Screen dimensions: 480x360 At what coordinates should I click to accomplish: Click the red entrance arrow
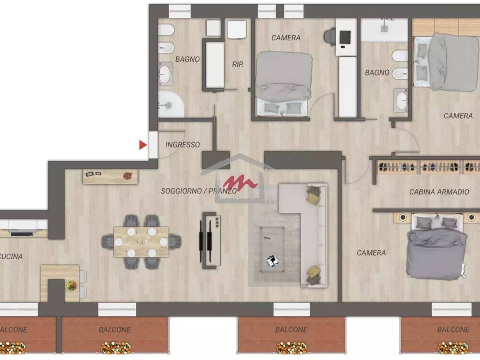tap(142, 145)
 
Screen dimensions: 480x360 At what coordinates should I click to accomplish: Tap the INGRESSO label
tap(182, 144)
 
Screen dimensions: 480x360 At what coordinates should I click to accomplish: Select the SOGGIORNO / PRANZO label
tap(199, 191)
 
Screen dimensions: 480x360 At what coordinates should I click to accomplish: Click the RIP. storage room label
tap(238, 64)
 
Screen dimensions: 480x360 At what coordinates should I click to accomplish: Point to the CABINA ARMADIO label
tap(439, 192)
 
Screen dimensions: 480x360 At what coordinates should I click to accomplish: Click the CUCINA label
tap(11, 256)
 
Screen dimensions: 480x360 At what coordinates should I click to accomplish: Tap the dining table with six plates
tap(141, 242)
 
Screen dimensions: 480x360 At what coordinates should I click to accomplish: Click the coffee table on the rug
tap(272, 249)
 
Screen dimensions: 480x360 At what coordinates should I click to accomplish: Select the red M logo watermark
tap(240, 183)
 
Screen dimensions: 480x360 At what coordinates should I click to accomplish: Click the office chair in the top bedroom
tap(330, 36)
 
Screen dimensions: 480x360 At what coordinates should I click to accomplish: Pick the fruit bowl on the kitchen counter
tap(72, 285)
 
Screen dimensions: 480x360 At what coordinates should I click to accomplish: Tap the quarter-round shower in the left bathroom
tap(171, 104)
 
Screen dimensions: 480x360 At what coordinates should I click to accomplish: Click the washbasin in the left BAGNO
tap(165, 74)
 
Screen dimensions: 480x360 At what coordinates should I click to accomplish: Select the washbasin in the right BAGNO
tap(401, 100)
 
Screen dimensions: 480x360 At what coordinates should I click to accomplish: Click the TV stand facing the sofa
tap(211, 240)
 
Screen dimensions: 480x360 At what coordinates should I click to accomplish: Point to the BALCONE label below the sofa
tap(291, 330)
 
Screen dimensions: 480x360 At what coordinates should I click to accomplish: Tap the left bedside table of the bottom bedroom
tap(403, 217)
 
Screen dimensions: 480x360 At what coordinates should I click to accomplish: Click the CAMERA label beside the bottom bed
tap(371, 253)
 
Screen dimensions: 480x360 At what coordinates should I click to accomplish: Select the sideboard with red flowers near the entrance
tap(110, 177)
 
